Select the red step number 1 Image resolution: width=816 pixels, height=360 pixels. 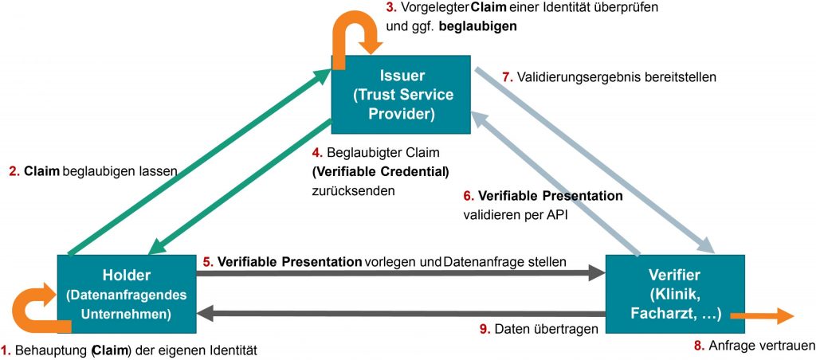click(5, 349)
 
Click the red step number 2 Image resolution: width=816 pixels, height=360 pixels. click(13, 170)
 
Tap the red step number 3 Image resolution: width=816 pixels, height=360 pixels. click(390, 7)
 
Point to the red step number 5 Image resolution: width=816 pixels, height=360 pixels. click(207, 260)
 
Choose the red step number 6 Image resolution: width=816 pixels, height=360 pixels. click(468, 195)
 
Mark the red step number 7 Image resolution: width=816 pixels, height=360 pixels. click(506, 77)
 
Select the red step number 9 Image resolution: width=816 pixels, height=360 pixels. click(484, 327)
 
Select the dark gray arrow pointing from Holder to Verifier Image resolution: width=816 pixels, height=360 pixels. click(398, 274)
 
